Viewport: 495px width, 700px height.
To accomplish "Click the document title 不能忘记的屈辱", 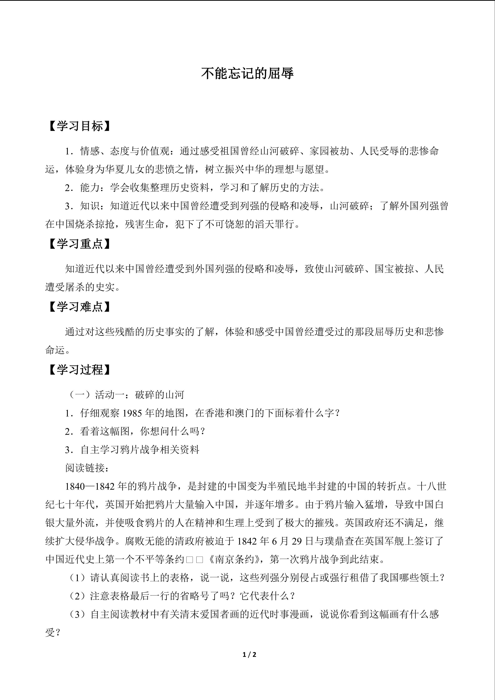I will (247, 73).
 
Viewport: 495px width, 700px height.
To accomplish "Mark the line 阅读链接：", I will (87, 468).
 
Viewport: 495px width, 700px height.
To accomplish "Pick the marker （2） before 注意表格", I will (78, 596).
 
